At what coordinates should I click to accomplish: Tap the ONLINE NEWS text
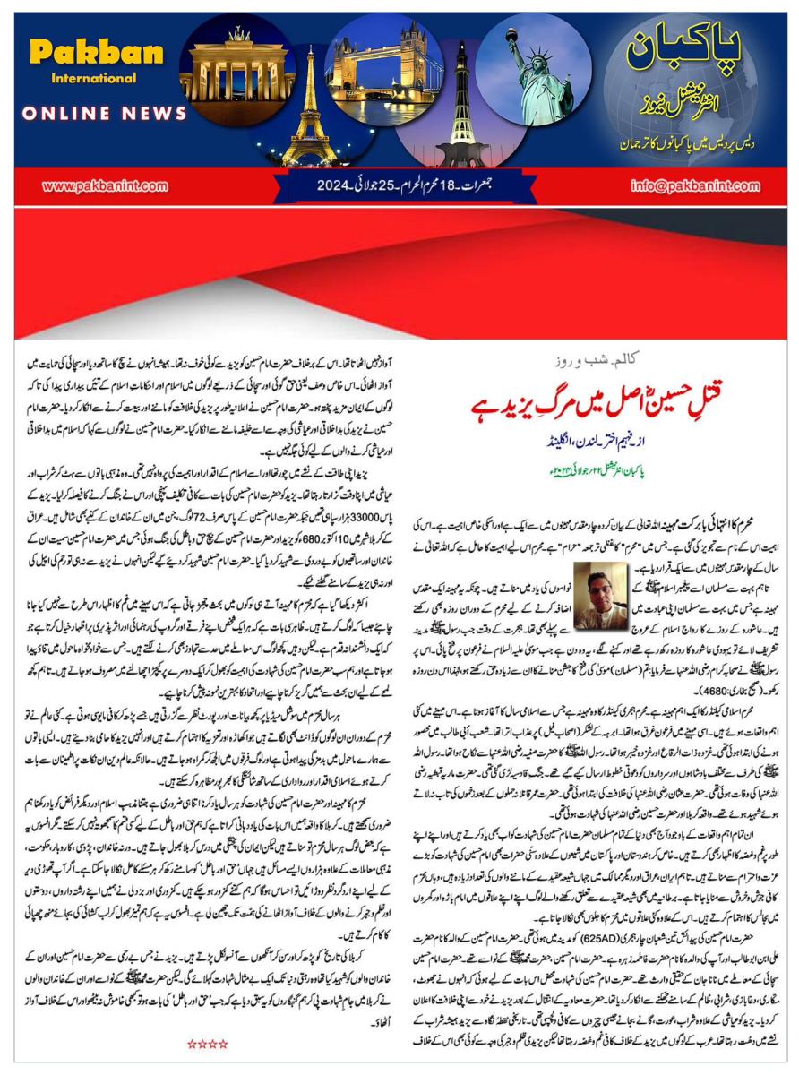coord(104,115)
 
